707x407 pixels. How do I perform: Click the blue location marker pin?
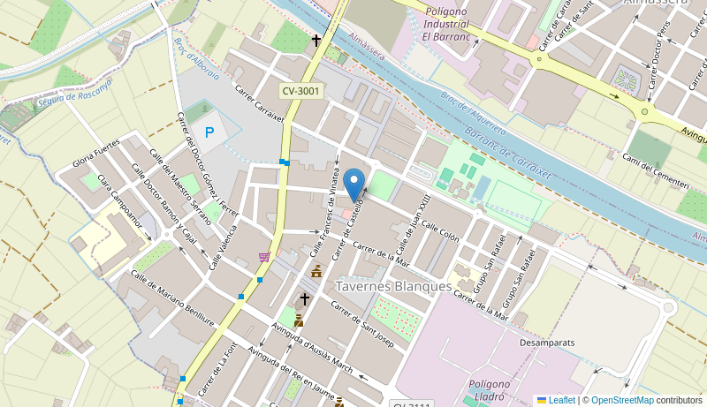(x=353, y=185)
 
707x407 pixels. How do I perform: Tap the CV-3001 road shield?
(x=301, y=91)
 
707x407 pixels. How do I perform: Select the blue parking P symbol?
(x=209, y=132)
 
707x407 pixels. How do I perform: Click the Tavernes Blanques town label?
(x=393, y=286)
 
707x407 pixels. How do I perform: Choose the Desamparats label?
(x=547, y=342)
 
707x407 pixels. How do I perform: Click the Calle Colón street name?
(x=440, y=230)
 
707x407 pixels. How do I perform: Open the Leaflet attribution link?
(x=556, y=400)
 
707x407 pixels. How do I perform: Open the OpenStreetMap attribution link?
(x=621, y=400)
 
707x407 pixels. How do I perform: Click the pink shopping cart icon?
(x=264, y=257)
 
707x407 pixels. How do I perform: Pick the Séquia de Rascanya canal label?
(x=75, y=95)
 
